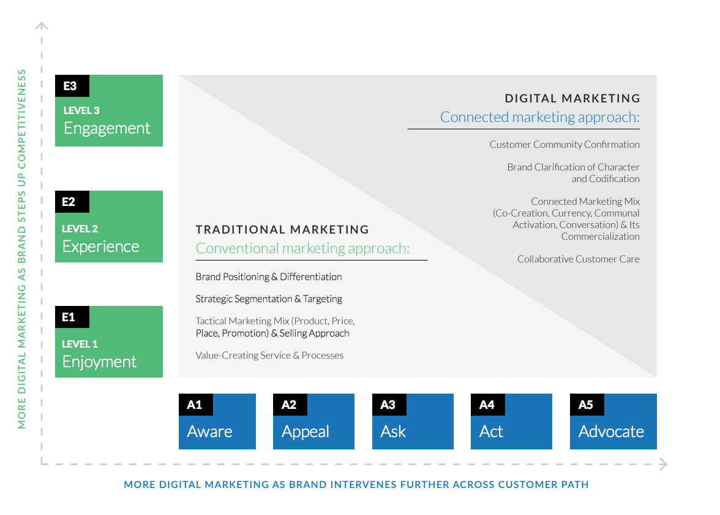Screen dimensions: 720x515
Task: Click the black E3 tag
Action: click(72, 86)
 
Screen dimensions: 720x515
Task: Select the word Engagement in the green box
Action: click(107, 128)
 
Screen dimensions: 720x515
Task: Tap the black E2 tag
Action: click(72, 202)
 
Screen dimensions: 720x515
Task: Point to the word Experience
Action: click(100, 247)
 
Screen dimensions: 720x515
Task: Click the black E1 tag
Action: click(72, 318)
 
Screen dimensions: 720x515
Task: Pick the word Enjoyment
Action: click(99, 362)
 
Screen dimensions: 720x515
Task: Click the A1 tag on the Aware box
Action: click(196, 405)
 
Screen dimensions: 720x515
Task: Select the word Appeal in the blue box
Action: click(306, 432)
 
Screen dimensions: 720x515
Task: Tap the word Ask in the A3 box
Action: click(393, 432)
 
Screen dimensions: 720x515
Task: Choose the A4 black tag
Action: click(487, 405)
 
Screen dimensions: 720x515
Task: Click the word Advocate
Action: click(611, 432)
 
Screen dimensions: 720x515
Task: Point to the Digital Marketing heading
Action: click(572, 98)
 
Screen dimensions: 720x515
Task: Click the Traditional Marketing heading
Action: click(282, 229)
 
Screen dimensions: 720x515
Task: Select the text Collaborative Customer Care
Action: click(578, 259)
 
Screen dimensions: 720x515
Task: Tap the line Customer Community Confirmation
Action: click(564, 145)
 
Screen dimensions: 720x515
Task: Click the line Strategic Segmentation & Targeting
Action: click(269, 299)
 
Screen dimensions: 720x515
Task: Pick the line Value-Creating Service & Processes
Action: click(269, 356)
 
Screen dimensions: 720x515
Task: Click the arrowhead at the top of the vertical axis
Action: click(42, 26)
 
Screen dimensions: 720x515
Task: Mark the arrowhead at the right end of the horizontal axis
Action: click(663, 465)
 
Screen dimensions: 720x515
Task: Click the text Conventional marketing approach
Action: click(302, 249)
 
